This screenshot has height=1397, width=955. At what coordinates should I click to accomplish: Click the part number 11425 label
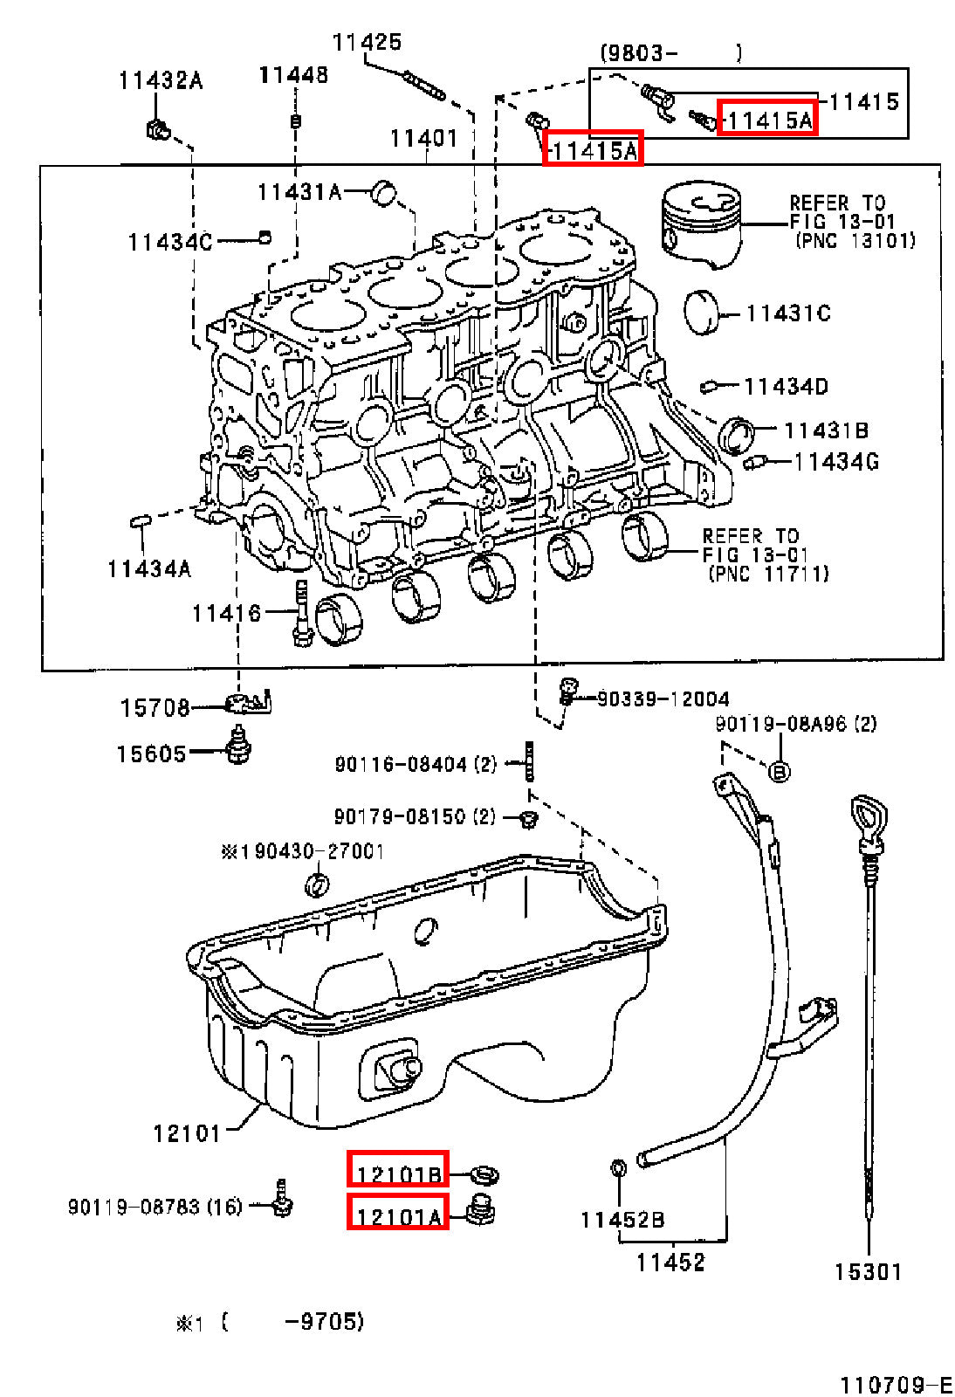(367, 42)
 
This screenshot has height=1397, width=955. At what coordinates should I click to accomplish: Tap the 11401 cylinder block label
(423, 138)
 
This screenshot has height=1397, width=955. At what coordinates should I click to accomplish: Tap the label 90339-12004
(662, 698)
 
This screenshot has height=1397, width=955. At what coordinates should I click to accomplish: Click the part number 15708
(154, 707)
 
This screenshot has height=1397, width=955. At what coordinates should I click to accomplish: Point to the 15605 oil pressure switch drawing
(237, 745)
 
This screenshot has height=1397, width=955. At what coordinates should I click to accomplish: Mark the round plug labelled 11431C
(703, 313)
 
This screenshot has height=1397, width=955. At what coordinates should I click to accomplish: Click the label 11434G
(835, 462)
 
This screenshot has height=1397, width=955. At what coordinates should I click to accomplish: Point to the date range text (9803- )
(670, 53)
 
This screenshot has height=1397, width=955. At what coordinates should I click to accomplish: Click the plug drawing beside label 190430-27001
(317, 885)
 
